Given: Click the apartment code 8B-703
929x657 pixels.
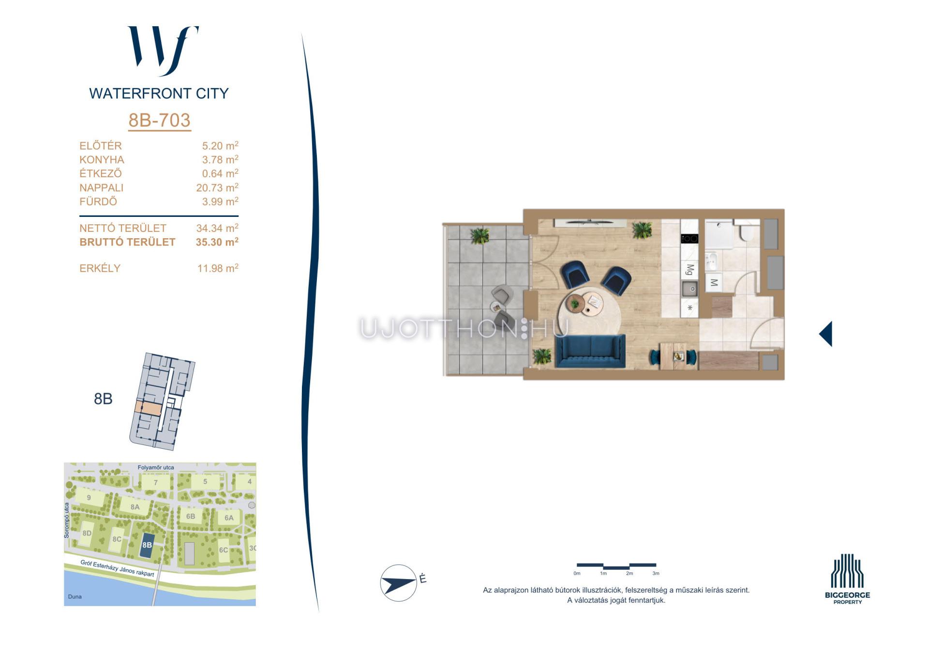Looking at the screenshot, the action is click(x=160, y=120).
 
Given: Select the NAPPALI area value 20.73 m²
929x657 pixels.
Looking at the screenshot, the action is click(x=217, y=187).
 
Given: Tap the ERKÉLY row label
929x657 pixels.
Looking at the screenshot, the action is click(x=100, y=268).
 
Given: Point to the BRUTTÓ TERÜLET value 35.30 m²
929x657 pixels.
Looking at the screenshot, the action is click(x=217, y=242).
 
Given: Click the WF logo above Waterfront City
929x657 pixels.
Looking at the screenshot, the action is click(x=163, y=51).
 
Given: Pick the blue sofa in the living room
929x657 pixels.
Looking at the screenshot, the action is click(x=590, y=351).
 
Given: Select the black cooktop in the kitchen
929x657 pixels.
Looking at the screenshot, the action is click(x=689, y=238).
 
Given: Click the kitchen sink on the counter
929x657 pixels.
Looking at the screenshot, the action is click(x=689, y=289).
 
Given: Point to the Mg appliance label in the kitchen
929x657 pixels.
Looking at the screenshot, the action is click(x=690, y=269).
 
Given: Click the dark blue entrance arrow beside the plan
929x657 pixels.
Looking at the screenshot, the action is click(x=825, y=334).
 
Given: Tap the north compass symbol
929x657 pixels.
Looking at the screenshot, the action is click(x=399, y=583).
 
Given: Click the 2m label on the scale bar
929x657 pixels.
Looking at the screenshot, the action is click(x=629, y=573).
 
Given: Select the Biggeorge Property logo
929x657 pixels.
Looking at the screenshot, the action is click(x=847, y=579).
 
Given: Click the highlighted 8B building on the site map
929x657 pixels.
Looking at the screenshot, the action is click(x=147, y=545).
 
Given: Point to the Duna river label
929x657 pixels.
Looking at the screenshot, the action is click(x=75, y=596).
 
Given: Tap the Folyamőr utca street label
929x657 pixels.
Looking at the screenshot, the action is click(x=156, y=467).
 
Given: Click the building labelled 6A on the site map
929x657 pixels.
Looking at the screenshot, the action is click(x=229, y=518).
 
